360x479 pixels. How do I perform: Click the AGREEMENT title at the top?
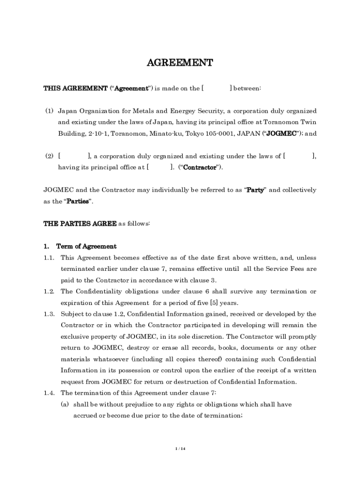[180, 63]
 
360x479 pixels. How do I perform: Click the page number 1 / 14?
[180, 449]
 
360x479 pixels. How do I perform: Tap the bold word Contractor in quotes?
[200, 167]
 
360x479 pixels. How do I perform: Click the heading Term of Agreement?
[86, 247]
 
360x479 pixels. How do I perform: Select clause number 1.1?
[49, 258]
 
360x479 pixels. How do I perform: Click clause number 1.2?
[49, 291]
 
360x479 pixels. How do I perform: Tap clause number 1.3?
[49, 314]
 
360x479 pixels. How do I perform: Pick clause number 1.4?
[49, 393]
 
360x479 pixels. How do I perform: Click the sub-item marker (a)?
[65, 404]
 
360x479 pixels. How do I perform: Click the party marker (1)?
[49, 111]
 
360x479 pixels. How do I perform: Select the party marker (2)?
[49, 156]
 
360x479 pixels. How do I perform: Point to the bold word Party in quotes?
[255, 190]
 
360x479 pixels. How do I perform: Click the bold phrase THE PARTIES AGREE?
[79, 224]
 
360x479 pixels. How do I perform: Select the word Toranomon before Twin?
[282, 123]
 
